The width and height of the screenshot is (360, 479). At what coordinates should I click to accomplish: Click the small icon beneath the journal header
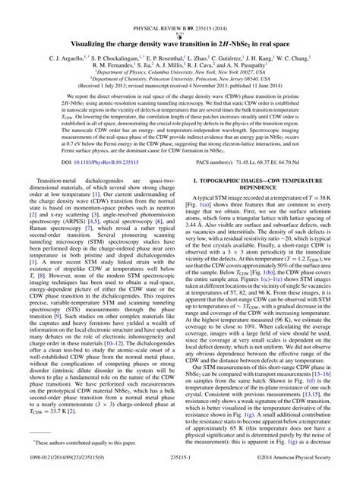[180, 13]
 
